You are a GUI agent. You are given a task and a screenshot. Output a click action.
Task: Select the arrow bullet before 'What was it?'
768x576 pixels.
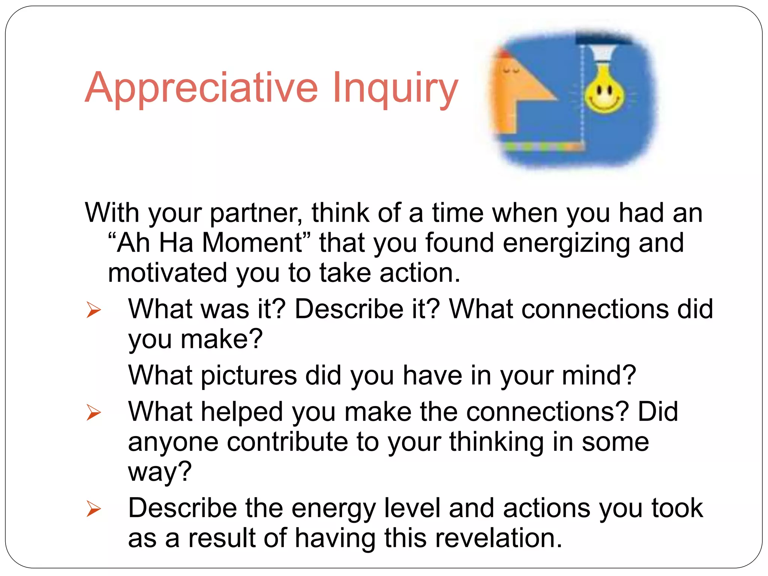tap(93, 310)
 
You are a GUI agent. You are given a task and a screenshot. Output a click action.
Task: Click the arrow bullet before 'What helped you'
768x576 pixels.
tap(93, 412)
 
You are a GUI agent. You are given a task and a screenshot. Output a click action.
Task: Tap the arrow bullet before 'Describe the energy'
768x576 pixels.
tap(93, 509)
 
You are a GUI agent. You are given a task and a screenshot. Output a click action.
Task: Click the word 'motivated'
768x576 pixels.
tap(167, 273)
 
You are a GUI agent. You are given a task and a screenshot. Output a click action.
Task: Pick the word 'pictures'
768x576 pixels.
tap(249, 376)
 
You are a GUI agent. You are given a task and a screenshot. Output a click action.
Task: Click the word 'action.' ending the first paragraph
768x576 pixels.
tap(420, 273)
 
